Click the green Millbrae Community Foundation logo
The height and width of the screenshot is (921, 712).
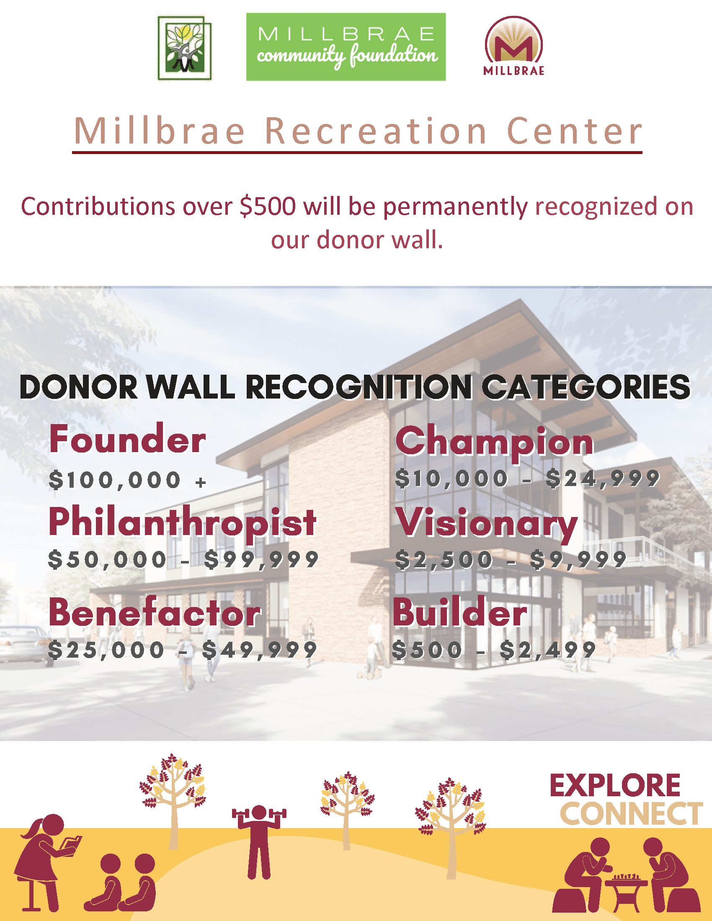coord(346,47)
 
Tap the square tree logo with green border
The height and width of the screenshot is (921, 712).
coord(184,48)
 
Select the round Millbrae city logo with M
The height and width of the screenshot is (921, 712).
coord(513,46)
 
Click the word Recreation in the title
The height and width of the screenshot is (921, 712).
coord(375,131)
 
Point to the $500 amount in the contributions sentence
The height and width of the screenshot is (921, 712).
coord(268,207)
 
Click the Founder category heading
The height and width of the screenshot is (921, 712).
coord(127,440)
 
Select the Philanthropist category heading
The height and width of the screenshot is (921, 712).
coord(182,522)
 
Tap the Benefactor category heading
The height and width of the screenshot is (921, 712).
coord(155,613)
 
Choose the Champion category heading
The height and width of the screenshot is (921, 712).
coord(494,441)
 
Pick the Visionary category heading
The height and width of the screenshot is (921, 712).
coord(486,523)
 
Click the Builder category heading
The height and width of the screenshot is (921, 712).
coord(460,613)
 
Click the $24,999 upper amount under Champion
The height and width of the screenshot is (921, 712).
coord(602,479)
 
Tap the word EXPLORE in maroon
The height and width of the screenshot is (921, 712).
coord(615,786)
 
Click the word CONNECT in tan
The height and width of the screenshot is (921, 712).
coord(631,814)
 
